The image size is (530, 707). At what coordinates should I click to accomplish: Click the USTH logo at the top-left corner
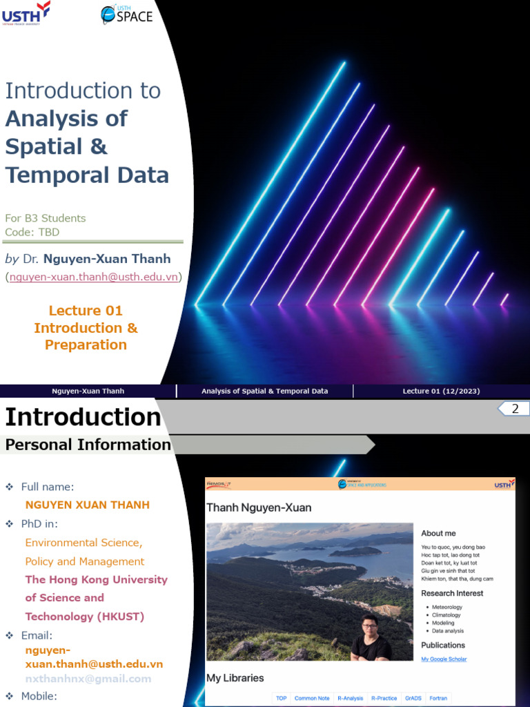pos(26,13)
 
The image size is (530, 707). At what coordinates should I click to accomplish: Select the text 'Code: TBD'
pos(32,232)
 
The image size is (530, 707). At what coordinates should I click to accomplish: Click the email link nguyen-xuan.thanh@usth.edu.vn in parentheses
pos(94,277)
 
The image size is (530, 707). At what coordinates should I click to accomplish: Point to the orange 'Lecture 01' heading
pos(86,311)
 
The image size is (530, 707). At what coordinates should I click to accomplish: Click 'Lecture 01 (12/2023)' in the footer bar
pos(441,391)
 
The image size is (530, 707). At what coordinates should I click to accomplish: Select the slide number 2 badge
pos(514,409)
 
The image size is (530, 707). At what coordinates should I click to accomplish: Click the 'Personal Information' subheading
pos(88,445)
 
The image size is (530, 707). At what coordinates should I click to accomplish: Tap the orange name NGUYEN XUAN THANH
pos(87,505)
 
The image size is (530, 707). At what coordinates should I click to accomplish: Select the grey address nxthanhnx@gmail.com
pos(88,679)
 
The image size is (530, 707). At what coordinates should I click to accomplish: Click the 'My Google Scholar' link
pos(444,659)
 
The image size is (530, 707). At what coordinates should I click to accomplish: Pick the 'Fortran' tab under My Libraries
pos(438,698)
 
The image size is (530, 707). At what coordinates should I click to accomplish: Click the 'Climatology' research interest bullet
pos(446,614)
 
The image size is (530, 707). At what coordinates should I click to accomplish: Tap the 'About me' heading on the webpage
pos(438,533)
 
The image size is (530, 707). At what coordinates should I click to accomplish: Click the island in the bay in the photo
pos(356,551)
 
